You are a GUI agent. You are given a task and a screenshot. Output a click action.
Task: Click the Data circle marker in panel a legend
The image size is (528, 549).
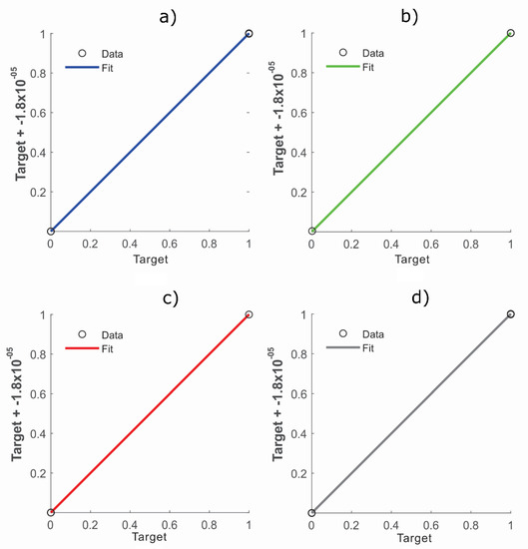coord(83,53)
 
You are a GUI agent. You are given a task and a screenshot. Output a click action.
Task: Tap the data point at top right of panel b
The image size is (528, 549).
coord(510,33)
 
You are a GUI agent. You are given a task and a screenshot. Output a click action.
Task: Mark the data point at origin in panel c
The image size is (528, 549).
coord(51,513)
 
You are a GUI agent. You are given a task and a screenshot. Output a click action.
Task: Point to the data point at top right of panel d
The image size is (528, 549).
coord(510,314)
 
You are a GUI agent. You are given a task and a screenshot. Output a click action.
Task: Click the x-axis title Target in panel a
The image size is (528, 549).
coord(149,260)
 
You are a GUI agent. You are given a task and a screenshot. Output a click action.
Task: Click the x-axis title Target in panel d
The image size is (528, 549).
coord(410,539)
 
